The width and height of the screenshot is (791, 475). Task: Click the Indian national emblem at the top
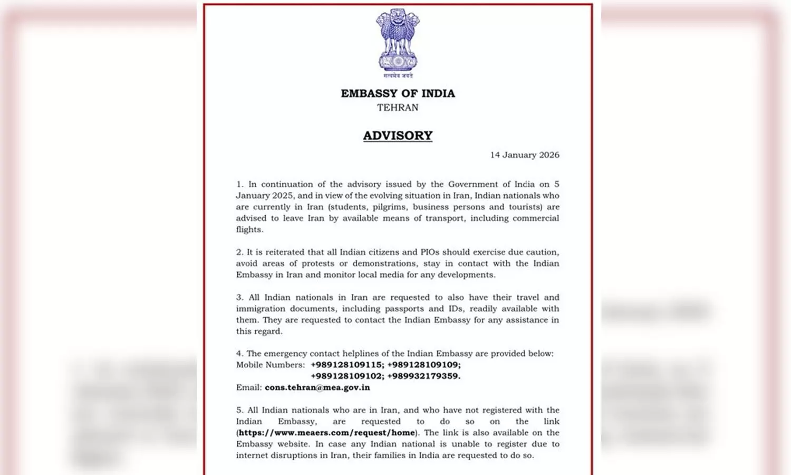click(x=398, y=41)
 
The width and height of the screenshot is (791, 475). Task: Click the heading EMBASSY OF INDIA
click(x=398, y=93)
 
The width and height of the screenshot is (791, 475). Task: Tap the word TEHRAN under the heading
click(x=398, y=108)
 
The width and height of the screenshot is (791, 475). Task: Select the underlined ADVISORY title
click(x=398, y=136)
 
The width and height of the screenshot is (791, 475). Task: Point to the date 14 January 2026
click(x=525, y=155)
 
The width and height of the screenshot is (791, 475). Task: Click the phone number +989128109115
click(x=347, y=365)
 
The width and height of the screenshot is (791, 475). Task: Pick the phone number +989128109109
click(x=424, y=365)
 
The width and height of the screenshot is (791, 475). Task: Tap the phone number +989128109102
click(x=347, y=376)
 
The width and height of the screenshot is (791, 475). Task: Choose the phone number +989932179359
click(x=424, y=376)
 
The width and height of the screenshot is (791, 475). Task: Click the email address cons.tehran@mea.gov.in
click(x=317, y=387)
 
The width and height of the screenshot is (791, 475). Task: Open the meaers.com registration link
click(x=327, y=433)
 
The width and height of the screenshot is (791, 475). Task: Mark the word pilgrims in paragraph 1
click(x=389, y=207)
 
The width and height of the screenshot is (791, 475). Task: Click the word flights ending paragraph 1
click(x=249, y=230)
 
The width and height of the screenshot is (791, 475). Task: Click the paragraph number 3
click(x=239, y=298)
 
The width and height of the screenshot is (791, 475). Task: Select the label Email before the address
click(x=248, y=387)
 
